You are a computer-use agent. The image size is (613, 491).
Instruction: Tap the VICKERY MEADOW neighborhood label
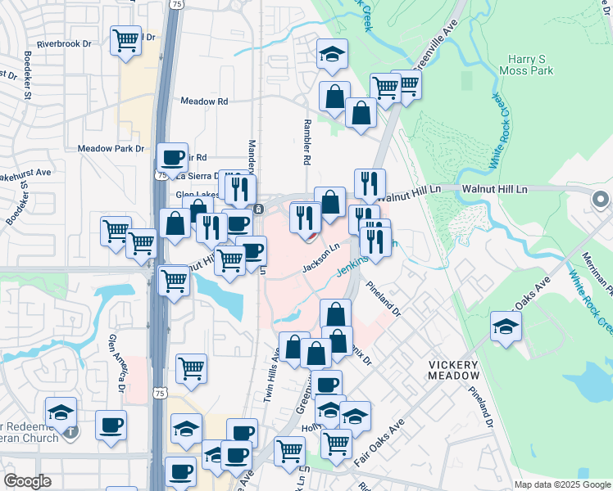[453, 368]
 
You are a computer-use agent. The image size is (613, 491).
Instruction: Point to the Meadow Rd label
[203, 101]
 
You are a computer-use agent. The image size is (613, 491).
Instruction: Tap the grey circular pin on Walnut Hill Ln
[600, 199]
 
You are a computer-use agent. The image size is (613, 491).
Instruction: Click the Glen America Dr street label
[120, 358]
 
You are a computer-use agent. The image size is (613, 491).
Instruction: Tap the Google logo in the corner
[28, 481]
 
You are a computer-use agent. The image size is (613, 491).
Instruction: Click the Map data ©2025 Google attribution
[561, 484]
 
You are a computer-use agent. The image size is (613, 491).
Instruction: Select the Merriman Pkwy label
[607, 278]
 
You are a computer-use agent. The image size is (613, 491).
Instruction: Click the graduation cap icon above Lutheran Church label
[61, 412]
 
